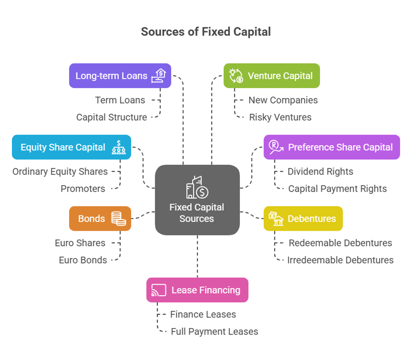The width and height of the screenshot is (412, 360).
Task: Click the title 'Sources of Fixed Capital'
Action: [x=206, y=31]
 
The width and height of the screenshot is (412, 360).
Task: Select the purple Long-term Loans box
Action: [x=120, y=76]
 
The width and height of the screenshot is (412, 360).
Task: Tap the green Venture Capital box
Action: [x=271, y=76]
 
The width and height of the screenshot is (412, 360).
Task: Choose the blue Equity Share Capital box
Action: [x=71, y=147]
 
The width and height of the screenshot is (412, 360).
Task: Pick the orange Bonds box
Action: [x=100, y=219]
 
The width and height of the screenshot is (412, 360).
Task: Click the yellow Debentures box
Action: [x=303, y=219]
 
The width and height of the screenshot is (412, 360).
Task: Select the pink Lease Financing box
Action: [x=197, y=290]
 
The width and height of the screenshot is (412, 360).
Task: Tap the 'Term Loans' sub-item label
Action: [x=120, y=100]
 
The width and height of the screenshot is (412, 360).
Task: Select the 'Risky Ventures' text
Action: [x=280, y=117]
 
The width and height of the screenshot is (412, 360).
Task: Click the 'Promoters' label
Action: [x=83, y=188]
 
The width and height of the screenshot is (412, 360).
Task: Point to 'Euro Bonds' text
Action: [x=83, y=260]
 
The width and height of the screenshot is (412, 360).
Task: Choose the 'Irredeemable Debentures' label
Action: [x=340, y=260]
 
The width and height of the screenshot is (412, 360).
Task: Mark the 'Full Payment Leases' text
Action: [x=214, y=332]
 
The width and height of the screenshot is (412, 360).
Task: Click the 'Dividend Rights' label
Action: [x=320, y=172]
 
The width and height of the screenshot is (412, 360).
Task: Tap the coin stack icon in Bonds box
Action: [x=119, y=219]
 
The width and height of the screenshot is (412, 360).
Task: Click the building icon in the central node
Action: [x=197, y=187]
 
